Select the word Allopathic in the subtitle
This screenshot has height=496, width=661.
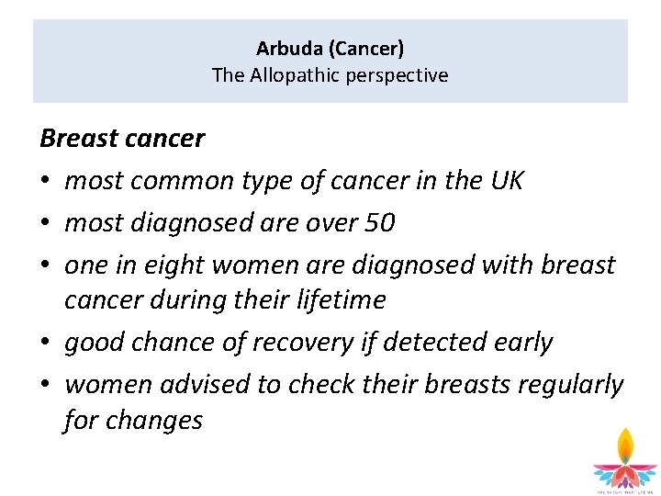pyautogui.click(x=291, y=75)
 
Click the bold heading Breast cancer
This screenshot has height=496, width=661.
pyautogui.click(x=122, y=139)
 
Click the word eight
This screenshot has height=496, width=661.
pyautogui.click(x=174, y=265)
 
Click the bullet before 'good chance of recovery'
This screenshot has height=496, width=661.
pyautogui.click(x=47, y=343)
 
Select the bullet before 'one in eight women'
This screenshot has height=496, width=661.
pyautogui.click(x=47, y=265)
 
